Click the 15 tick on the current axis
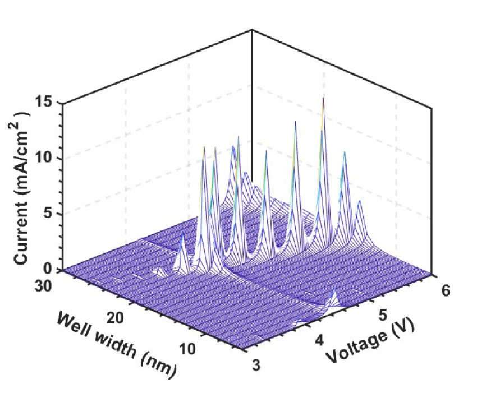point(50,103)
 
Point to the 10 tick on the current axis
point(50,158)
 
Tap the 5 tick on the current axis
point(54,214)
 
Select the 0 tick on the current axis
point(54,269)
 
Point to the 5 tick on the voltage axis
point(382,315)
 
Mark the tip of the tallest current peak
point(323,98)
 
